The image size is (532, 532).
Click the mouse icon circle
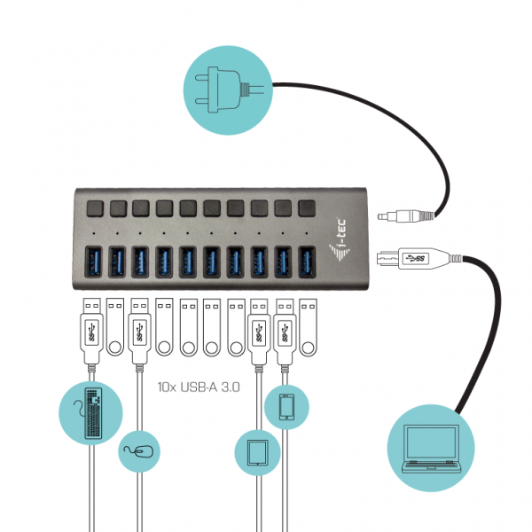pos(139,451)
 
